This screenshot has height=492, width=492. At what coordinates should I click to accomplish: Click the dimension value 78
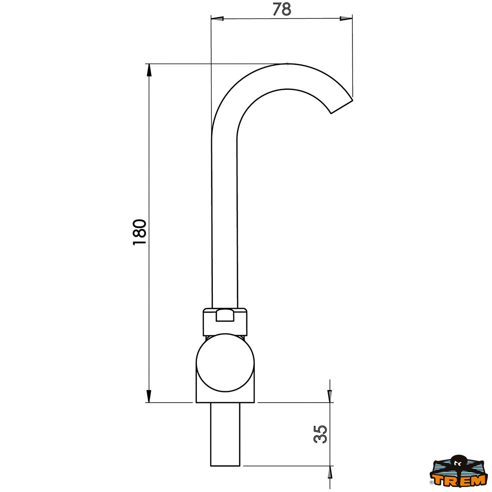tap(282, 9)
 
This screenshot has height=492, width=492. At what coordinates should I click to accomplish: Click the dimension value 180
tap(140, 232)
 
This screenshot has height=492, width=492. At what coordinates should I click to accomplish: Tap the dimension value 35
tap(321, 434)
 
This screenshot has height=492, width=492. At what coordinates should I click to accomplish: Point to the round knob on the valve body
tap(225, 362)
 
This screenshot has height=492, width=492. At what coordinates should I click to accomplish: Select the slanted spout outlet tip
tap(342, 106)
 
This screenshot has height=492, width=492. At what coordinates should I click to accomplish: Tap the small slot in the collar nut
tap(225, 315)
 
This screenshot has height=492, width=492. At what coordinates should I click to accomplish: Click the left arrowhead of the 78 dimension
tap(216, 18)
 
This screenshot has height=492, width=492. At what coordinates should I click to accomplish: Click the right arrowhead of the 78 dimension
tap(346, 18)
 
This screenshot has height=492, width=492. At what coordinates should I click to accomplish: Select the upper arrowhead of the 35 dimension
tap(330, 396)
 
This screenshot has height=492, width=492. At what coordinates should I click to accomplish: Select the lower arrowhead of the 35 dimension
tap(330, 472)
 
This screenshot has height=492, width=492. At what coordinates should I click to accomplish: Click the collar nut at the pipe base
tap(225, 321)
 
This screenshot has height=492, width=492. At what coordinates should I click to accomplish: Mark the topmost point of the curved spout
tap(287, 64)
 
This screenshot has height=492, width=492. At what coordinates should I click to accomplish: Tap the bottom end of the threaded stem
tap(225, 465)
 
